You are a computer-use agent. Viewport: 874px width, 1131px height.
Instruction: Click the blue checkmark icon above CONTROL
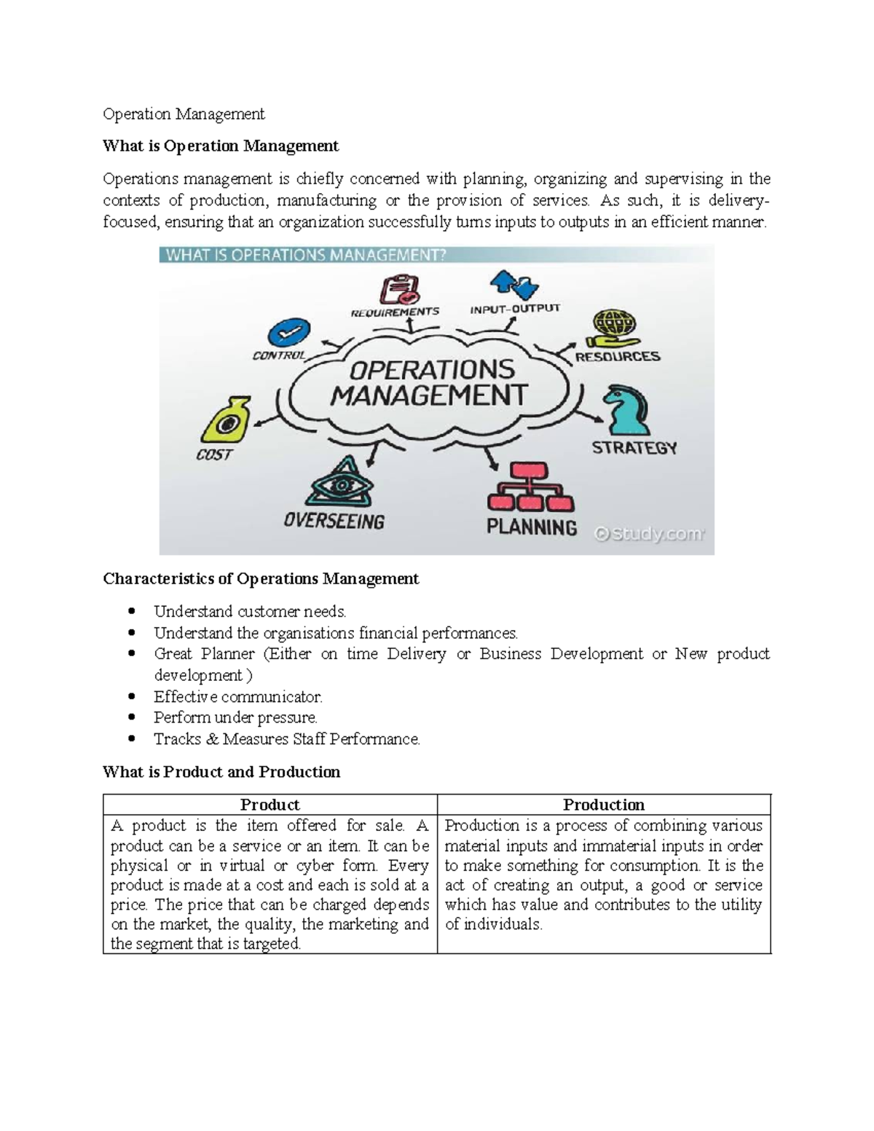288,333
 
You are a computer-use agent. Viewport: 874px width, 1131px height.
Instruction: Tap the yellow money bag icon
228,420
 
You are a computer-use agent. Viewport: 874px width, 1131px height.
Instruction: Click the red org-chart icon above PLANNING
530,487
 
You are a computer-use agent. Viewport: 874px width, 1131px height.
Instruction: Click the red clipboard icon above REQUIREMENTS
399,288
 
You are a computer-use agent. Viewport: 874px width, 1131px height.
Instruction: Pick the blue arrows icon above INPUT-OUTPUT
514,285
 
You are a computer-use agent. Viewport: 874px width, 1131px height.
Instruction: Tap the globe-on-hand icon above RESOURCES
614,328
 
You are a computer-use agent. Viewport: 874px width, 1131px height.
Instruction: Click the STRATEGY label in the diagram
634,448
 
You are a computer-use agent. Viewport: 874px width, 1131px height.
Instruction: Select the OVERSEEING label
334,521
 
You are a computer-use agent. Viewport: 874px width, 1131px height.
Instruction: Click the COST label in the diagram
214,455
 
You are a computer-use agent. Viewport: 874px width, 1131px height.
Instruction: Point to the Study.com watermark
649,535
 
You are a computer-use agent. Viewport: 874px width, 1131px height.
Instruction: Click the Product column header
269,805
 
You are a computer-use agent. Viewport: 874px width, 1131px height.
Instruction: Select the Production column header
603,805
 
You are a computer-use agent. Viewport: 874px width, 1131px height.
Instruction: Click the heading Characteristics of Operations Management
261,579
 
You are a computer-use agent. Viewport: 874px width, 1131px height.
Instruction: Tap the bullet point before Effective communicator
131,696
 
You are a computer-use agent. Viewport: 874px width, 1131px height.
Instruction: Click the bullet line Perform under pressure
235,717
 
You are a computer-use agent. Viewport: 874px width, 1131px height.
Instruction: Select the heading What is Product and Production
221,772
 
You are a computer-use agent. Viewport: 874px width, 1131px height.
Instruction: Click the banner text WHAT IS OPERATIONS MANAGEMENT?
306,255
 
